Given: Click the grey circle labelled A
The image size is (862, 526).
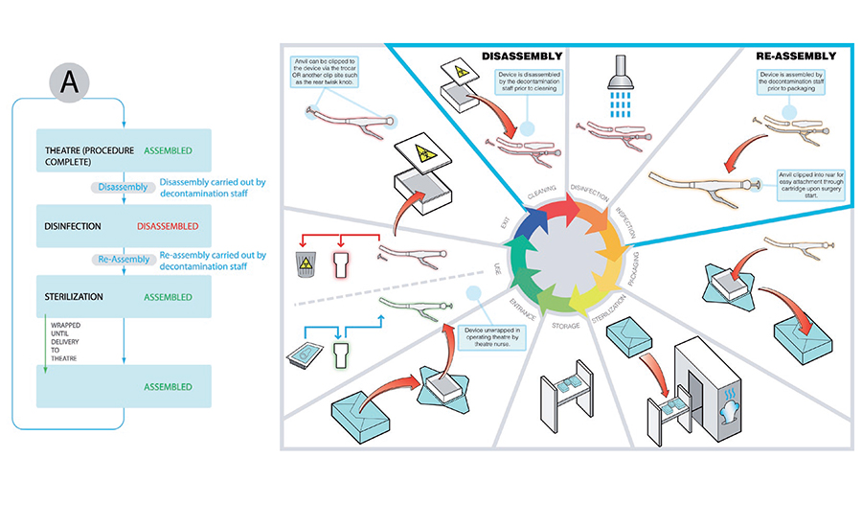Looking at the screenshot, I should point(69,83).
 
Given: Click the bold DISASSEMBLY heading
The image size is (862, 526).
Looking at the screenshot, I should point(522,57).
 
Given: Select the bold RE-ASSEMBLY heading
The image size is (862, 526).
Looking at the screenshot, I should point(796,57).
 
